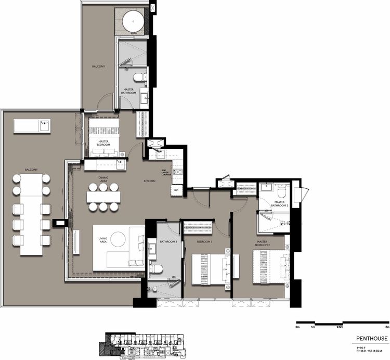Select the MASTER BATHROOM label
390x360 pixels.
click(129, 91)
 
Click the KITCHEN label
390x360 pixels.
click(150, 181)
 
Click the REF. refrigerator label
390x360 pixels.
click(176, 190)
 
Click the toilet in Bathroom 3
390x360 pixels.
click(158, 269)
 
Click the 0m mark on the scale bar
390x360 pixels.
click(297, 328)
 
